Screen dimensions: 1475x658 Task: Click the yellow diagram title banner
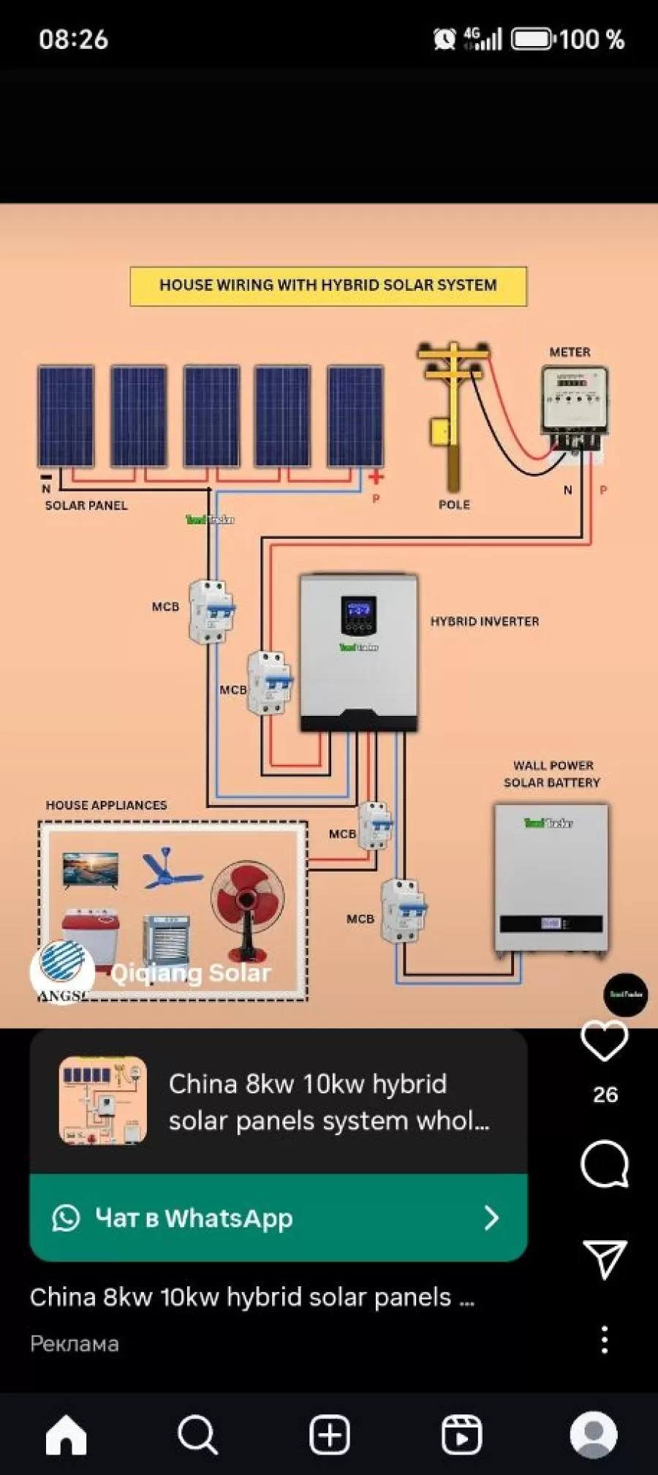[x=328, y=286]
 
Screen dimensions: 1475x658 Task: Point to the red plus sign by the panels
[x=376, y=478]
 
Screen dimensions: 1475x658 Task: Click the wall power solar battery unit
[x=551, y=877]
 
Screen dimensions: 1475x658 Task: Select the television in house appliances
[x=90, y=869]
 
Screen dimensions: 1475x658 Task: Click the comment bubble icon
[x=604, y=1163]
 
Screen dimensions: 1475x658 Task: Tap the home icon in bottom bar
[x=66, y=1435]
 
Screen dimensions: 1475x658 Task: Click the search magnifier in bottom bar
[x=197, y=1435]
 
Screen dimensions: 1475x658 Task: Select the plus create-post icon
[x=329, y=1435]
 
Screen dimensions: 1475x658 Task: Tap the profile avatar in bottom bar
[x=593, y=1435]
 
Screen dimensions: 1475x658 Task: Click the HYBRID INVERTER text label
[x=485, y=622]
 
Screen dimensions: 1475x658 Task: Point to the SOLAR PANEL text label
[x=86, y=505]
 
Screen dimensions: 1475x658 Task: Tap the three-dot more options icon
[x=604, y=1340]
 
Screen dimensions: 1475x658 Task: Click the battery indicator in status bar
[x=532, y=39]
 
